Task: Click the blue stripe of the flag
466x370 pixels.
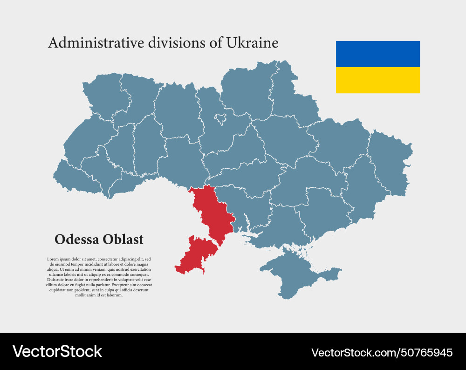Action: [x=377, y=54]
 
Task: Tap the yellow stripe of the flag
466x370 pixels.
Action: [x=377, y=80]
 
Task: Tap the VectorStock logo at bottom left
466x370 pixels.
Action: [x=57, y=351]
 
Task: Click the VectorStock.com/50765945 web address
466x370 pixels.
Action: [x=382, y=352]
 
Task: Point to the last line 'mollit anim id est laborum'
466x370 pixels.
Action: [x=99, y=295]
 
